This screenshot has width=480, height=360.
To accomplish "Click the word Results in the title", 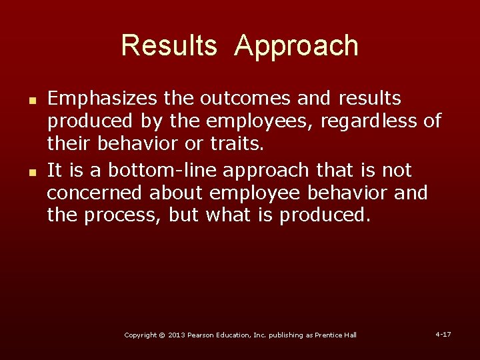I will point(169,46).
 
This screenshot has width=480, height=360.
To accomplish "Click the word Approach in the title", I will point(297,46).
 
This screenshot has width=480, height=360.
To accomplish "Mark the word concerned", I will point(95,194).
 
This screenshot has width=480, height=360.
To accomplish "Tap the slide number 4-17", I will point(443,333).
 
